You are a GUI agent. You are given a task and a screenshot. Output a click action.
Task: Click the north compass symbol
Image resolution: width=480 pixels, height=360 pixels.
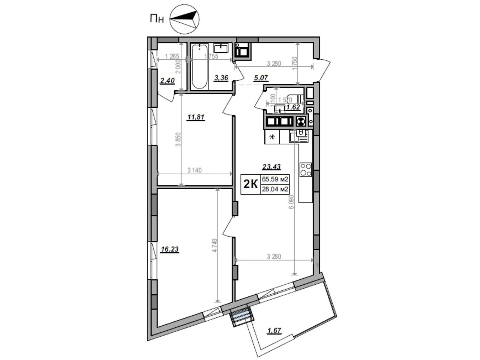[x=184, y=19]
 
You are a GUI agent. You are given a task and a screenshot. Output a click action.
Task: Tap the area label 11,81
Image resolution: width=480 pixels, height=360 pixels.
[x=196, y=117]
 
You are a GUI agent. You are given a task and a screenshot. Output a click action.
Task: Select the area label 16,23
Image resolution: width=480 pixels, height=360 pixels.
[x=169, y=249]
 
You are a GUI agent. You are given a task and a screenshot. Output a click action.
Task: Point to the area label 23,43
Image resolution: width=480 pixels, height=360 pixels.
[x=271, y=166]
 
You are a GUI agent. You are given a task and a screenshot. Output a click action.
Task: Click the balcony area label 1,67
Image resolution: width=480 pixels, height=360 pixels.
[x=274, y=331]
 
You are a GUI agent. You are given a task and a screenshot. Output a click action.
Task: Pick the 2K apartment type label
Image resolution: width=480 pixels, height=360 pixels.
[x=250, y=184]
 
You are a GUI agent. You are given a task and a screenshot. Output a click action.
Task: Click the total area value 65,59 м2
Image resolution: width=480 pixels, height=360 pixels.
[x=275, y=180]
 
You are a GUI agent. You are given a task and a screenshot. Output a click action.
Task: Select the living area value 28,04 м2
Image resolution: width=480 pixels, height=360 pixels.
[x=275, y=189]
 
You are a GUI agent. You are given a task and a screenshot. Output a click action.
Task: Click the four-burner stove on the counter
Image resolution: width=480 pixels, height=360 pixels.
[x=306, y=169]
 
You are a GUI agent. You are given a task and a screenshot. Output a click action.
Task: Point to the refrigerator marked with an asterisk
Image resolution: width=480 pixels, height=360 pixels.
[x=272, y=137]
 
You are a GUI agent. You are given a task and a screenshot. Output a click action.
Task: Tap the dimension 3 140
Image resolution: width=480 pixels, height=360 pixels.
[x=194, y=170]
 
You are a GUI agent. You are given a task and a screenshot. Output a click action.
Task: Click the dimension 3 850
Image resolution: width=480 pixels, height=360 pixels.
[x=178, y=139]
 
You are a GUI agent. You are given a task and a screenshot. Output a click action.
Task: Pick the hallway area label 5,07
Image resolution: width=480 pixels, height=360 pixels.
[x=261, y=78]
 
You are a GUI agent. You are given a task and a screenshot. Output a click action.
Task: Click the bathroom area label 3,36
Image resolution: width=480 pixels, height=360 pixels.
[x=221, y=78]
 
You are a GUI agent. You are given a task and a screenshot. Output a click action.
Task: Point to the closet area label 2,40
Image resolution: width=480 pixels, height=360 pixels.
[x=167, y=81]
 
